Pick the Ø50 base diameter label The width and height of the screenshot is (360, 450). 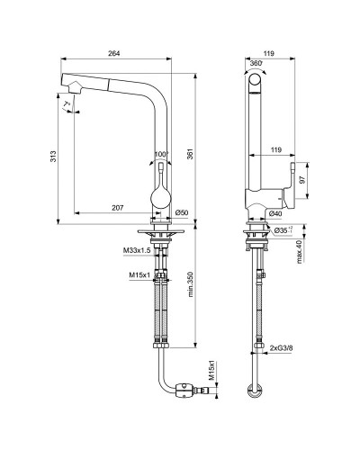(181, 212)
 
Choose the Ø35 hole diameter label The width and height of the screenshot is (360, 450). (283, 231)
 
